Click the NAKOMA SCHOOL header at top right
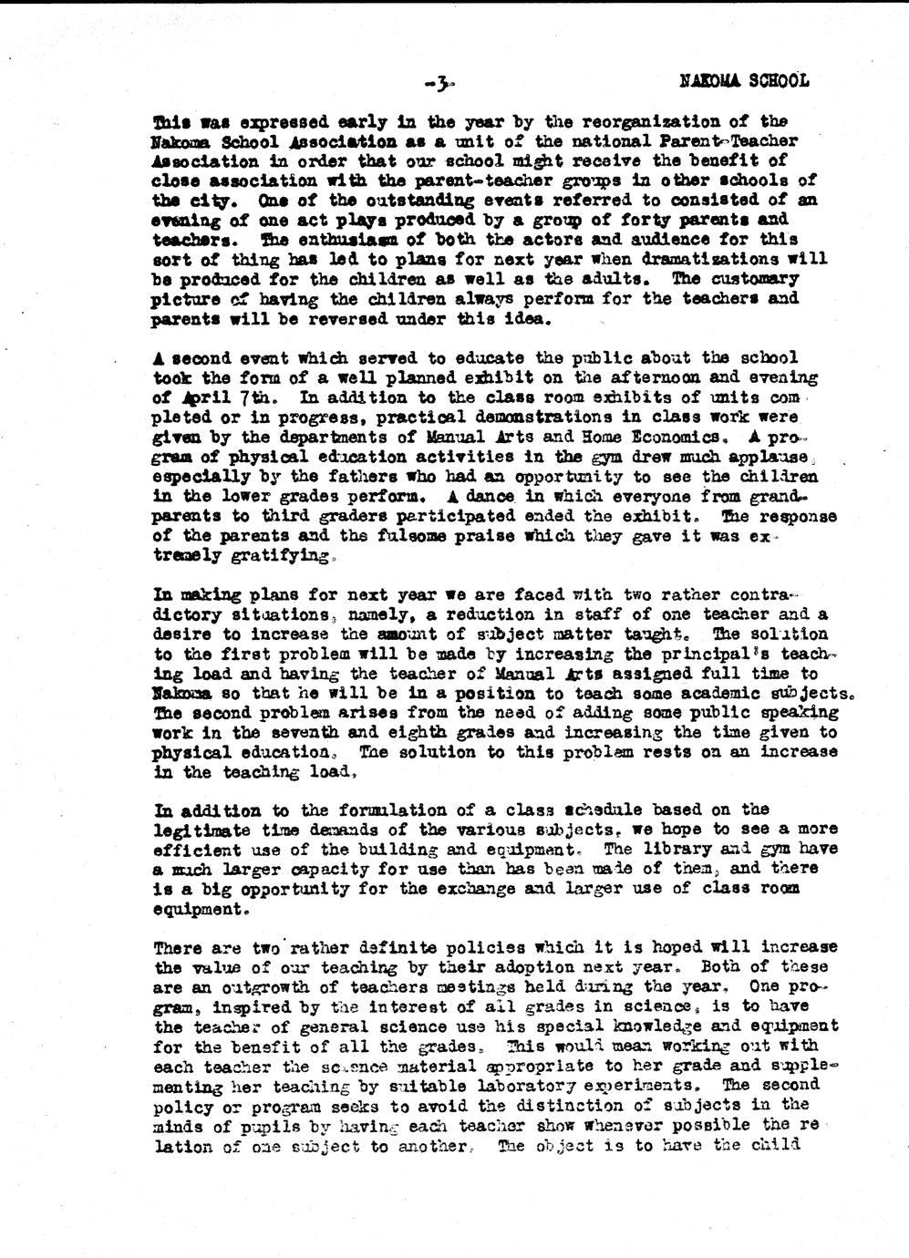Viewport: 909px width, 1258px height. pyautogui.click(x=744, y=80)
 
